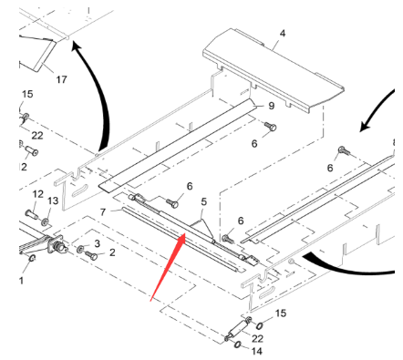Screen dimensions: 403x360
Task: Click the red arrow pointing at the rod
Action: [168, 267]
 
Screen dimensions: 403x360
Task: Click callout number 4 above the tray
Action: [283, 33]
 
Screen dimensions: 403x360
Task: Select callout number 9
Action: [272, 106]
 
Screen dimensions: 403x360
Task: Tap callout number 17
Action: [61, 79]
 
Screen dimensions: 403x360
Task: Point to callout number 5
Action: [203, 201]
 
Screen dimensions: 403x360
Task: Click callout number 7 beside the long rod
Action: [103, 211]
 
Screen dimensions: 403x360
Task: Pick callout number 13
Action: [53, 201]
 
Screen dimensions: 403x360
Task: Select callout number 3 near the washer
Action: [97, 243]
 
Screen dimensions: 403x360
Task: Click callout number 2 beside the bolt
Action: [112, 252]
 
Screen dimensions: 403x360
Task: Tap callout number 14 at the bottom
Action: [257, 351]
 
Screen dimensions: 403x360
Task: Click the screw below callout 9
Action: [270, 127]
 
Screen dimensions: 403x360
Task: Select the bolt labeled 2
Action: [91, 256]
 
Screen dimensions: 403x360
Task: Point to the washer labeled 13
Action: [45, 222]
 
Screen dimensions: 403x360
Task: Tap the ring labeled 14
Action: [238, 345]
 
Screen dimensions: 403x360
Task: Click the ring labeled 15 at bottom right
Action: [259, 325]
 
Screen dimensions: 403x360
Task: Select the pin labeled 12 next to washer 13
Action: [32, 214]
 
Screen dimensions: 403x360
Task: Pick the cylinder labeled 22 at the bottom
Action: [238, 329]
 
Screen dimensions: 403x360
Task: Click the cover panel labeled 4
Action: [274, 71]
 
